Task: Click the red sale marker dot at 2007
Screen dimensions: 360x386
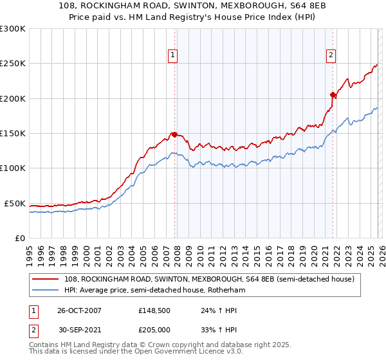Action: pos(174,134)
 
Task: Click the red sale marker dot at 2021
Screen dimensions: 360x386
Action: pos(333,95)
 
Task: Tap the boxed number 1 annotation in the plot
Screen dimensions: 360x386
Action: pos(174,56)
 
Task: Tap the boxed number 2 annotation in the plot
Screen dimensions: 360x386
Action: pos(331,56)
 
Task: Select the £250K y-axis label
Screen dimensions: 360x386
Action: pos(13,64)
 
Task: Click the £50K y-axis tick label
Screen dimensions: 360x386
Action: pos(15,203)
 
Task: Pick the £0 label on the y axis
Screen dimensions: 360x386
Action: pos(21,238)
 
